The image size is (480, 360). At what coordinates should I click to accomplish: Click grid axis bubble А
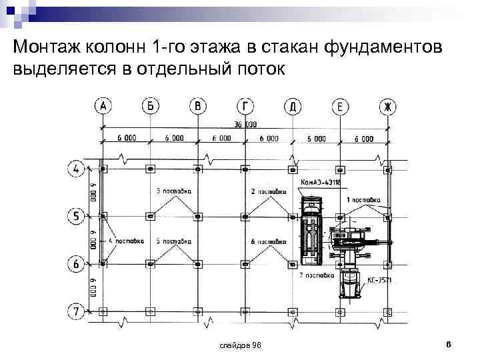click(103, 106)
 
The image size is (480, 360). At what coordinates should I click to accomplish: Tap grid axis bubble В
click(197, 106)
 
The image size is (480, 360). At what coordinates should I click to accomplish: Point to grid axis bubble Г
click(245, 106)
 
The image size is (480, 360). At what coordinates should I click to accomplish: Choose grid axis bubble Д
click(293, 106)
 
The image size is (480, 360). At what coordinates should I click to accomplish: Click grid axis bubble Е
click(340, 106)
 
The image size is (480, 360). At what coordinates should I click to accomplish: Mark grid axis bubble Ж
click(388, 106)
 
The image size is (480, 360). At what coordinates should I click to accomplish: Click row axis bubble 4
click(77, 168)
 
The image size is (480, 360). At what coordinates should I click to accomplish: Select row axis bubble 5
click(77, 216)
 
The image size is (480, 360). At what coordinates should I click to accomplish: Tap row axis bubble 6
click(77, 264)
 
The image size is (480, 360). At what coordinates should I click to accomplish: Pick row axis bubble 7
click(77, 311)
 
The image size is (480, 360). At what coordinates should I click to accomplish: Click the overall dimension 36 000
click(245, 124)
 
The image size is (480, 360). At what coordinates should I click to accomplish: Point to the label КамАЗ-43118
click(321, 181)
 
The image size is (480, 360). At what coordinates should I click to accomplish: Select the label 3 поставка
click(173, 191)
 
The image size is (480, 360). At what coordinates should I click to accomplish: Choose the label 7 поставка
click(317, 275)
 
